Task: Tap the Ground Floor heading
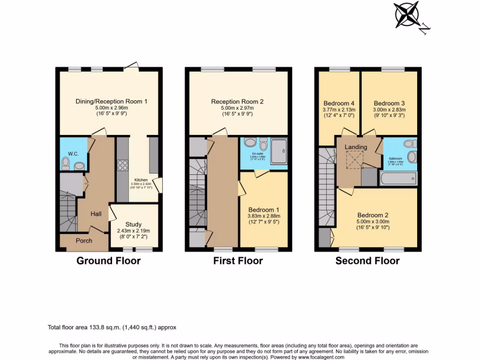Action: [108, 261]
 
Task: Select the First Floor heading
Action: [238, 261]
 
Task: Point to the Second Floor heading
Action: [367, 261]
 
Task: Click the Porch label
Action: [84, 240]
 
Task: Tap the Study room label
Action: [133, 225]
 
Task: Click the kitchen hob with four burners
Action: [122, 165]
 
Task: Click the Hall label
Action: [96, 214]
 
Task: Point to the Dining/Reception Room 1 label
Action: [112, 101]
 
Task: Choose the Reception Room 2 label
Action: [237, 101]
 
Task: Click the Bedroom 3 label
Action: [389, 103]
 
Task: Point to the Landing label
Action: [356, 147]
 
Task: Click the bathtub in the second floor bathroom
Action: [398, 179]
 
